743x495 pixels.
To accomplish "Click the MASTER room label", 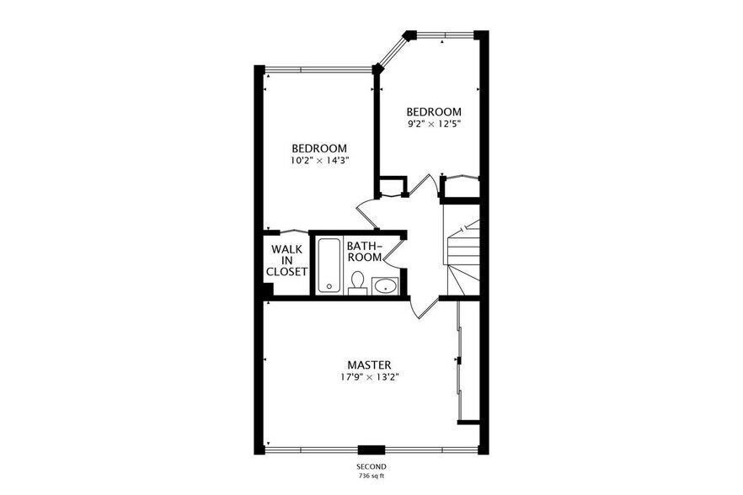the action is click(369, 365).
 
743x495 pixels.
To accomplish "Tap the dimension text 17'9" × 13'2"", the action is click(369, 377).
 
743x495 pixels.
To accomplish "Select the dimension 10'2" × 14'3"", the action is click(319, 160).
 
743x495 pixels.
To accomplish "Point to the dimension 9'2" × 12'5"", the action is click(434, 124).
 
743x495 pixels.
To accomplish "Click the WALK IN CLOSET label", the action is click(286, 260).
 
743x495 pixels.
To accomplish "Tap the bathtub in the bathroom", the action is click(329, 265).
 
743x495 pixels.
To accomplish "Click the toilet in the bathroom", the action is click(357, 282).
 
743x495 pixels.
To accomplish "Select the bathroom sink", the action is click(385, 285).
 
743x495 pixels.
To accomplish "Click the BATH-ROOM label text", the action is click(365, 252).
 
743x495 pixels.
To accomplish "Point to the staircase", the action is click(462, 256).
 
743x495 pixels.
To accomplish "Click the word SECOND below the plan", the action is click(371, 466).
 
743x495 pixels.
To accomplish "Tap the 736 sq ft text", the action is click(371, 476).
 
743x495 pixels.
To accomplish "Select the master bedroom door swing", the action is click(423, 307).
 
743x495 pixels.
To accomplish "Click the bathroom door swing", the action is click(393, 256).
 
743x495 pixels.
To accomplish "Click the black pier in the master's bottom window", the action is click(371, 450).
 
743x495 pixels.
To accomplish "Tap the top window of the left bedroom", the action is click(318, 70).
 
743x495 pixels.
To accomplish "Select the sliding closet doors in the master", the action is click(458, 361).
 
